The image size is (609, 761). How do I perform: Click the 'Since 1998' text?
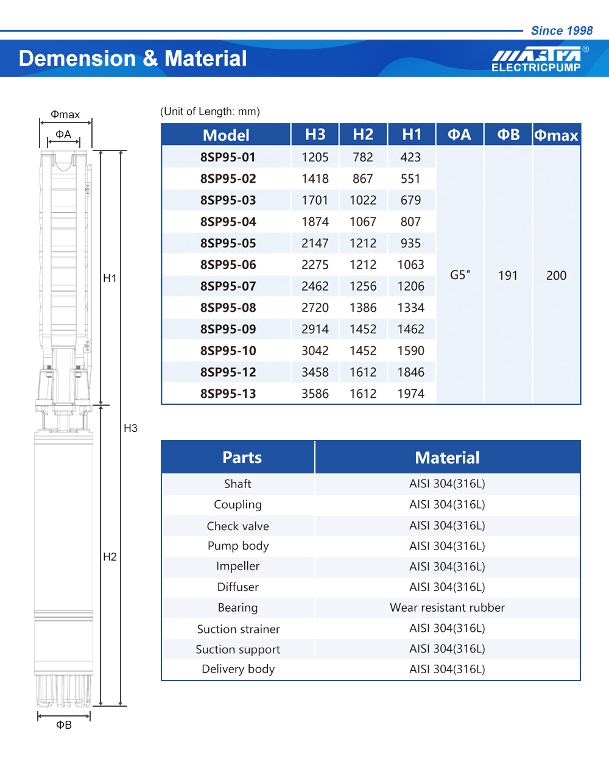[x=561, y=30]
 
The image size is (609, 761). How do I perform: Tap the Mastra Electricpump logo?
[x=538, y=59]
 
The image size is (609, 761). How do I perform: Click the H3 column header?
[x=315, y=135]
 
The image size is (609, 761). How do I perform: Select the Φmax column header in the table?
[x=556, y=135]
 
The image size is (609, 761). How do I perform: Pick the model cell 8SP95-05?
[x=228, y=243]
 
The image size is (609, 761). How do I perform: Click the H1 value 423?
[x=410, y=157]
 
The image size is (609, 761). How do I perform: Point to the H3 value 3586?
[x=315, y=394]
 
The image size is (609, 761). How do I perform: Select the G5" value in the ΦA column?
[x=460, y=275]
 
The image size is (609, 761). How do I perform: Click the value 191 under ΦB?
[x=508, y=275]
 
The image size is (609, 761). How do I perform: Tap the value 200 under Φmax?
[x=556, y=275]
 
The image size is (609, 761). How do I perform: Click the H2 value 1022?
[x=363, y=200]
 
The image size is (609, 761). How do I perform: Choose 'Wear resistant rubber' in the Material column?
[x=447, y=607]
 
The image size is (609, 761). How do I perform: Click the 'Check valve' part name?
[x=238, y=526]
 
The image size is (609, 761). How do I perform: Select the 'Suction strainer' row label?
[x=238, y=629]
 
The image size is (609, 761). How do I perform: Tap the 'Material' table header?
[x=447, y=458]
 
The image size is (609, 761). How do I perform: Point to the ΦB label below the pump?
[x=64, y=724]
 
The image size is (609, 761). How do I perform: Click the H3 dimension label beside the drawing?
[x=130, y=428]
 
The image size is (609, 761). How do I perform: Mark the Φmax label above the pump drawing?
[x=65, y=115]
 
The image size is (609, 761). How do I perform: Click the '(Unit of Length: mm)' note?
[x=210, y=111]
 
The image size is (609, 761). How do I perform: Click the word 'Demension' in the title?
[x=77, y=58]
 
